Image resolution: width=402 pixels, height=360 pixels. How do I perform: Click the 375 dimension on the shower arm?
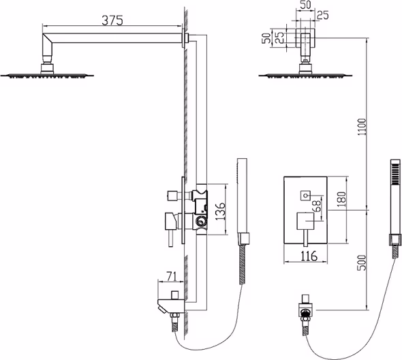[x=112, y=20]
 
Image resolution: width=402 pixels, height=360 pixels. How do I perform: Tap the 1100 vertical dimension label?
[x=362, y=127]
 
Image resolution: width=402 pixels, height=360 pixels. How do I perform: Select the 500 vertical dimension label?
[x=362, y=262]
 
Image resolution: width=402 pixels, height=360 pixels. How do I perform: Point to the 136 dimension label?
[x=219, y=211]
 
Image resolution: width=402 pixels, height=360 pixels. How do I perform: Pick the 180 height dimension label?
[x=341, y=200]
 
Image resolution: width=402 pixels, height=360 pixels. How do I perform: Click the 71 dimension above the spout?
[x=172, y=276]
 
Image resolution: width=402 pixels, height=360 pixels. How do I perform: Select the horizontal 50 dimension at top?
[x=305, y=5]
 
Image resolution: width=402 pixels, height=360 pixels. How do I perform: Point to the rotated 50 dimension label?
[x=267, y=38]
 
